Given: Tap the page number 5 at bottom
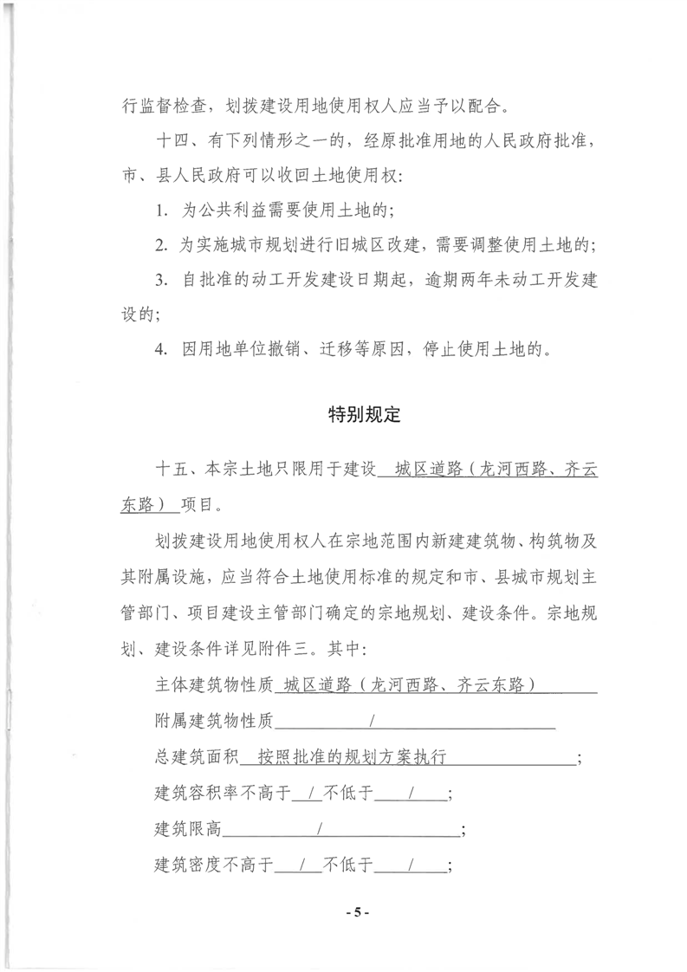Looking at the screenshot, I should (357, 913).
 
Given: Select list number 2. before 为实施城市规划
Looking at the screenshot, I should (162, 246).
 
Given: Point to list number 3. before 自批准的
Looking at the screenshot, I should (162, 281).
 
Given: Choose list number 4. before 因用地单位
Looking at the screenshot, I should (162, 350).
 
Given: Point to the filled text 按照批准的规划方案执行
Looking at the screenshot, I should (357, 756).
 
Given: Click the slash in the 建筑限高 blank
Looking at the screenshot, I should (321, 829).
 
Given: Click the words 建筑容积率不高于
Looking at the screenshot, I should (222, 793).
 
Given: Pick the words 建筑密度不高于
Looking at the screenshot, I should (213, 865).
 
